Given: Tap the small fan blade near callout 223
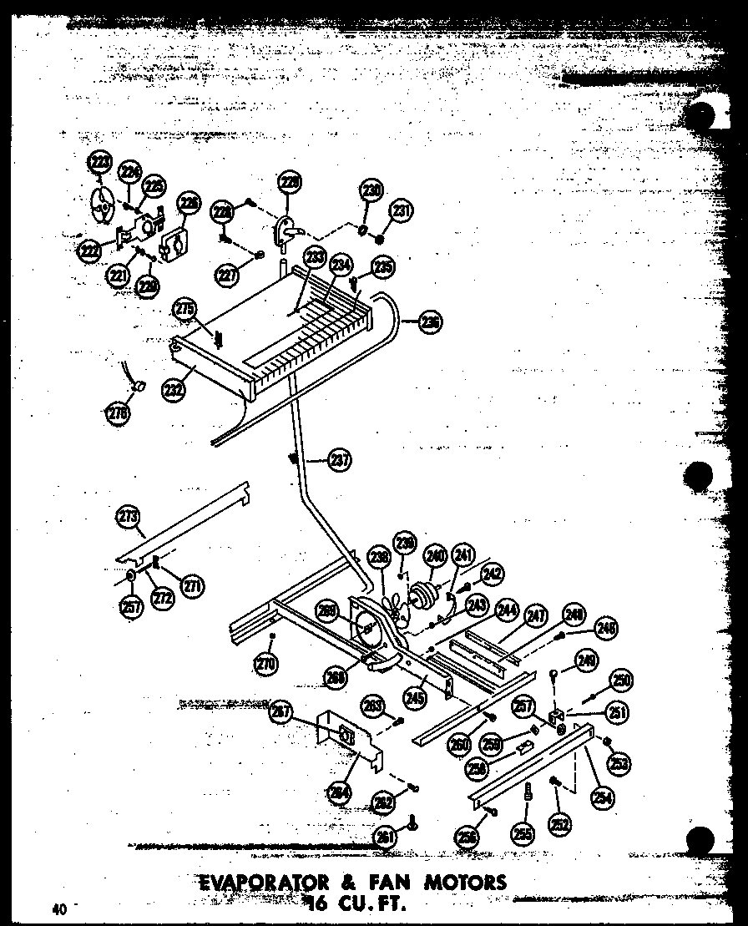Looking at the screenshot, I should pyautogui.click(x=101, y=205).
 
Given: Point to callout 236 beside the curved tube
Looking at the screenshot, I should pyautogui.click(x=430, y=322).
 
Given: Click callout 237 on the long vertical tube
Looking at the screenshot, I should pyautogui.click(x=341, y=459).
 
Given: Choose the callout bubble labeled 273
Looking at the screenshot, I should pyautogui.click(x=129, y=518).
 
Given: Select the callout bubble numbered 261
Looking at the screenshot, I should pyautogui.click(x=385, y=836).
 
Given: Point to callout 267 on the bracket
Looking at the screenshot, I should pyautogui.click(x=281, y=712).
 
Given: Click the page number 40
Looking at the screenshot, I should pyautogui.click(x=58, y=910).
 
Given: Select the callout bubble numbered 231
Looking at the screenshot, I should pyautogui.click(x=402, y=212).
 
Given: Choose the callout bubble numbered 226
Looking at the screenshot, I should pyautogui.click(x=190, y=202).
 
